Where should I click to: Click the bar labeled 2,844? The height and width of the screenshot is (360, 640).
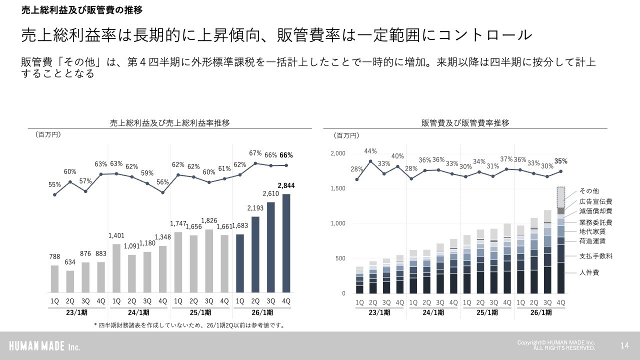pos(286,243)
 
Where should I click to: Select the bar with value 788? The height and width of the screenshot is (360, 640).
pos(55,278)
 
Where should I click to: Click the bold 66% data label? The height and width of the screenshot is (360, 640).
pos(286,155)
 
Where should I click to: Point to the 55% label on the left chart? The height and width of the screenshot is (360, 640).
pos(55,184)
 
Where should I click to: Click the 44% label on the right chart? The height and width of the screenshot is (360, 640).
pos(370,151)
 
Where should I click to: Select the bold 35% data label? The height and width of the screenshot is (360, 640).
pos(561,161)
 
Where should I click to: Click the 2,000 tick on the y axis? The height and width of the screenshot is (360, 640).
pos(338,153)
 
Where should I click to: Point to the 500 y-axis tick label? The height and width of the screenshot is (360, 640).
pos(340,258)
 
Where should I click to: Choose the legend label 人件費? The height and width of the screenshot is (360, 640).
pos(589,272)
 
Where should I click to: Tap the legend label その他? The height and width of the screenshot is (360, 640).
pos(589,191)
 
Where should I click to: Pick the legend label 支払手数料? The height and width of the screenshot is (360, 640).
pos(595,256)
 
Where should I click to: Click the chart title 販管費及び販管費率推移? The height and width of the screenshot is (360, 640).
pos(465,123)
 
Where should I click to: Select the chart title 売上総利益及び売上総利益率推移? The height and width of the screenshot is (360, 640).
pos(170,123)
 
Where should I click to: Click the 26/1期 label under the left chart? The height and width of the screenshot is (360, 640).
pos(263,313)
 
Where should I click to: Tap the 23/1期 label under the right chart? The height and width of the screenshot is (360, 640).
pos(379,313)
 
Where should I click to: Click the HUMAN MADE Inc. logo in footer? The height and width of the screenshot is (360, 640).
pos(44,346)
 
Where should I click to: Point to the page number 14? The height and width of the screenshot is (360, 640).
pos(624,345)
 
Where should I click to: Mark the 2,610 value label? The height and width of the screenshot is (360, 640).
pos(271,193)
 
